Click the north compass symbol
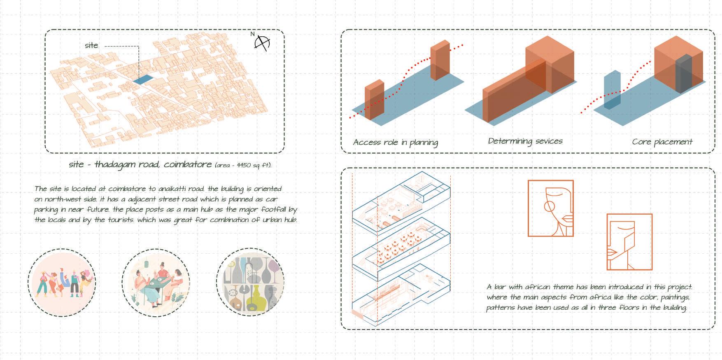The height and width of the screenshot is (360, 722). point(261,43)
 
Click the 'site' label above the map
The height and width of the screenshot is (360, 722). point(91,45)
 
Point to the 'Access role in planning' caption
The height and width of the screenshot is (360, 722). point(395,143)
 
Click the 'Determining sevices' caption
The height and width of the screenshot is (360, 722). point(525,141)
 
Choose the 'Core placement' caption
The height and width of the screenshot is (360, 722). point(662,142)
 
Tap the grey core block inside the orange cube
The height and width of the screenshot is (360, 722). point(683,75)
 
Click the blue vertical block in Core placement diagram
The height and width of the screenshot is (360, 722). point(612,90)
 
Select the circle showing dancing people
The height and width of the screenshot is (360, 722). point(62,283)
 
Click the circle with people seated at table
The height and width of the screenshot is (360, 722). point(156,283)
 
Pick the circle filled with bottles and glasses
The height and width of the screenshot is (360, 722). point(250,283)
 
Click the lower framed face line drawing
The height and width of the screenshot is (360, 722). point(629,242)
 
